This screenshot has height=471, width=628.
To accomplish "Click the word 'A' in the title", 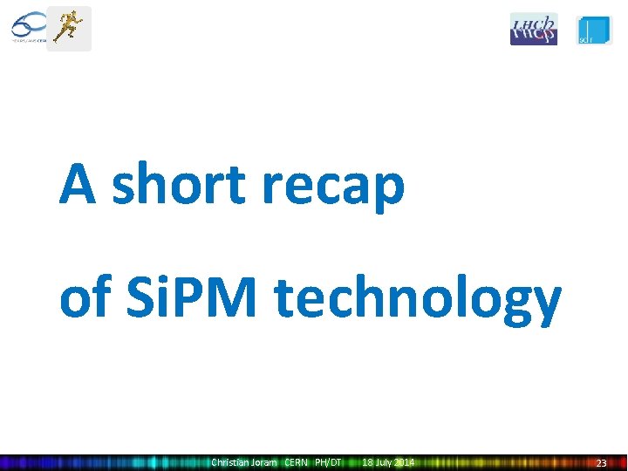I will click(78, 185).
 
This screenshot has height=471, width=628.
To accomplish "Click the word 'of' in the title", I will click(83, 298).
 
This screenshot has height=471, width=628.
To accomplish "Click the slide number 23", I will click(601, 463).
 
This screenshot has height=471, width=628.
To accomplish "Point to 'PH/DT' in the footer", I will click(328, 462).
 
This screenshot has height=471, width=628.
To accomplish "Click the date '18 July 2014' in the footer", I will click(388, 462).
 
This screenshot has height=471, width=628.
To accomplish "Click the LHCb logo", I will click(533, 29).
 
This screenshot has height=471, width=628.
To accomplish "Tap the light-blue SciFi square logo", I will click(594, 29).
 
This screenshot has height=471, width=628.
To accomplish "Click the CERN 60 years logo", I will click(28, 28).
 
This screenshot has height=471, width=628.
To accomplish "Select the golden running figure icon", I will click(68, 28).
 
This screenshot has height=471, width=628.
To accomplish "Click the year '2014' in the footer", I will click(403, 462).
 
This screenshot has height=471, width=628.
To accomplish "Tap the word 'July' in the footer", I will click(382, 462).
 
